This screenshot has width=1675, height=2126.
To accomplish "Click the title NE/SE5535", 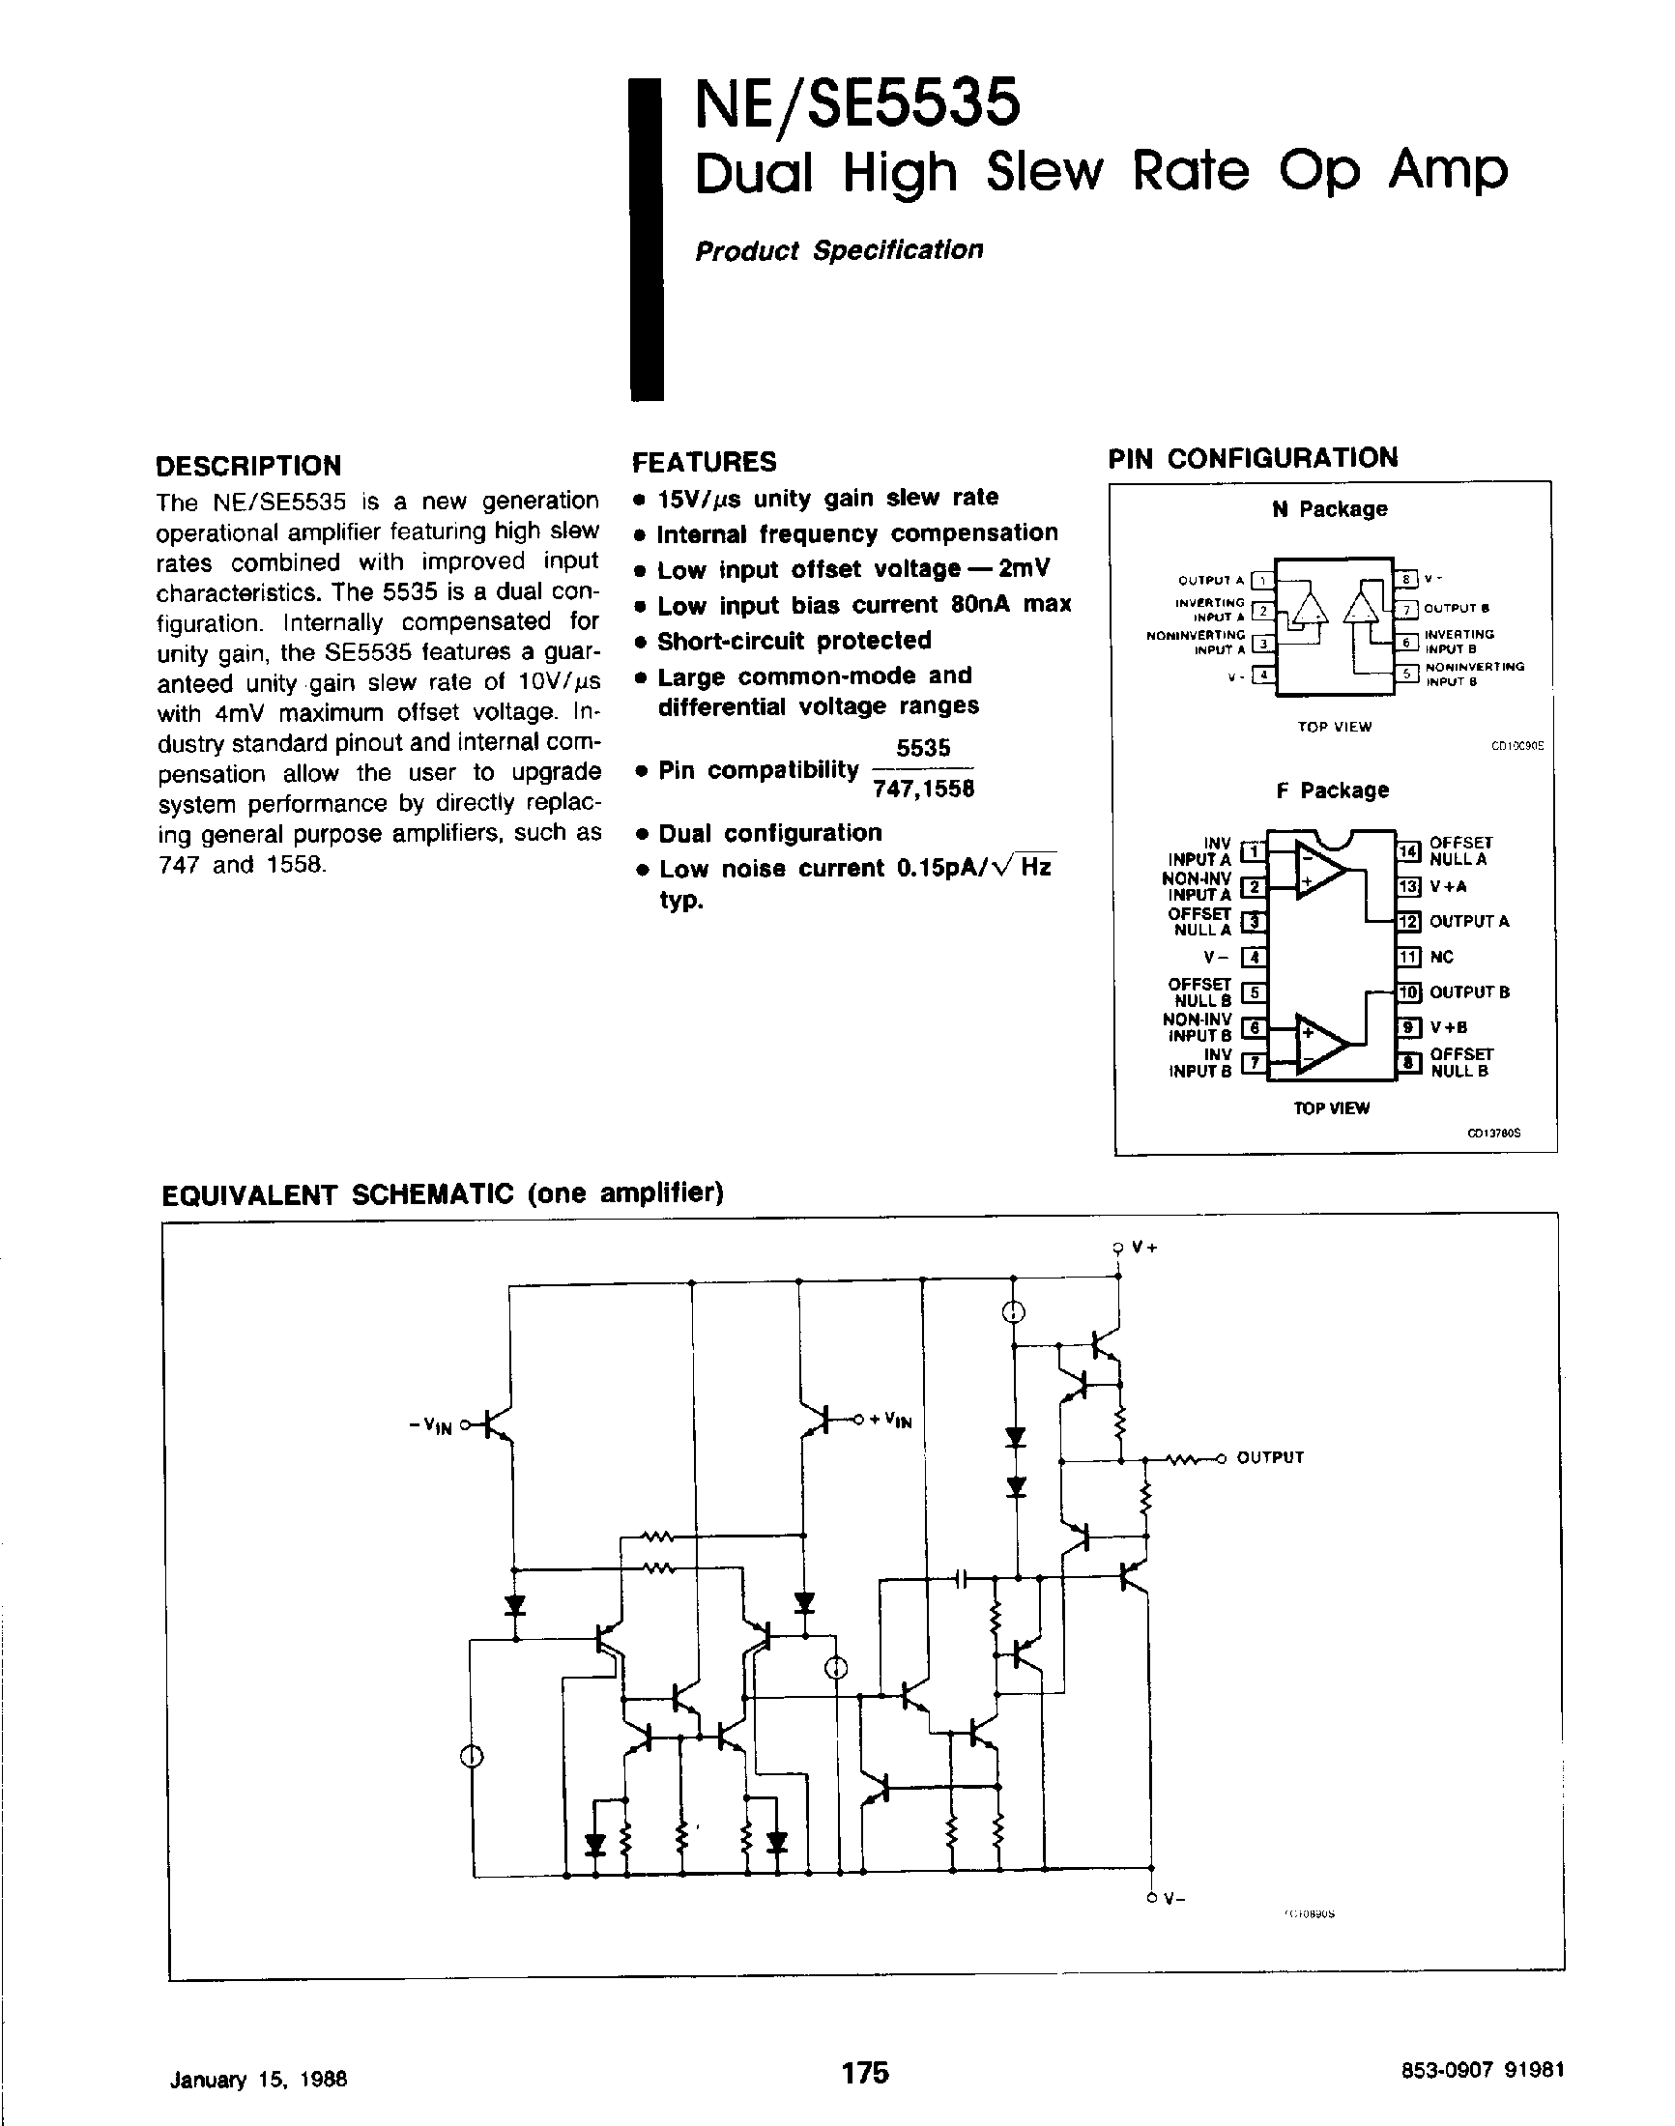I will pyautogui.click(x=857, y=105).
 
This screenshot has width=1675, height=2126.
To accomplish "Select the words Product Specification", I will pyautogui.click(x=839, y=250).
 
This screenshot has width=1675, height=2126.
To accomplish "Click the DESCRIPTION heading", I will pyautogui.click(x=249, y=465).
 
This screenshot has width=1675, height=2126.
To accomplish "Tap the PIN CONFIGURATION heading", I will pyautogui.click(x=1254, y=458).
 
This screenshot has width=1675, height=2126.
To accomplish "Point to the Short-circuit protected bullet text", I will pyautogui.click(x=794, y=641).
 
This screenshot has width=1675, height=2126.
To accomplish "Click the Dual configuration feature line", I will pyautogui.click(x=769, y=833).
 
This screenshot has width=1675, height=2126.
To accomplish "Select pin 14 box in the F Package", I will pyautogui.click(x=1408, y=851).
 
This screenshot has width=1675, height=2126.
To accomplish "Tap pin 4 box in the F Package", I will pyautogui.click(x=1254, y=957).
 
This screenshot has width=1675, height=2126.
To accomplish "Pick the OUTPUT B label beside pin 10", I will pyautogui.click(x=1469, y=992).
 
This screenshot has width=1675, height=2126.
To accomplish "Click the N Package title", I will pyautogui.click(x=1330, y=509).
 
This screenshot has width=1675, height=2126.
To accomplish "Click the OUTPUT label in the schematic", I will pyautogui.click(x=1270, y=1457).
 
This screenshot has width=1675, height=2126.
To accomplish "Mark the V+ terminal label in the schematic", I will pyautogui.click(x=1144, y=1248).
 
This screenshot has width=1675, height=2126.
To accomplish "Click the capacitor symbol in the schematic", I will pyautogui.click(x=961, y=1578).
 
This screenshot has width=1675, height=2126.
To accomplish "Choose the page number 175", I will pyautogui.click(x=864, y=2071).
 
